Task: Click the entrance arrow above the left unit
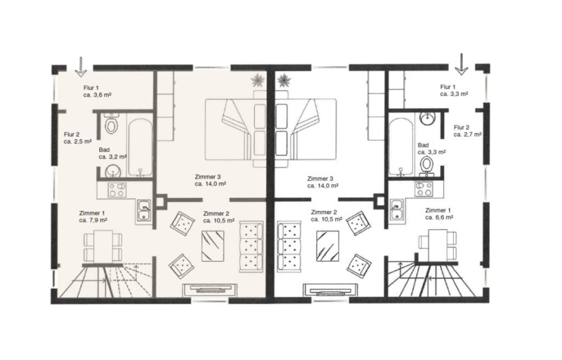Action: coord(81,67)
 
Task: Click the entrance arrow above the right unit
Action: coord(461,64)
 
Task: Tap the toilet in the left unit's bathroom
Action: coord(112,124)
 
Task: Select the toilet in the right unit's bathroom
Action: coord(426,165)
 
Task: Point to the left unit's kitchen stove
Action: coord(117,190)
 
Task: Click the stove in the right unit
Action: coord(424,189)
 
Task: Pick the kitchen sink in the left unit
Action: coord(145,211)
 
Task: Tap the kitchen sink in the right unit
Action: coord(396,210)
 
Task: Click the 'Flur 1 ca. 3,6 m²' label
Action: coord(97,91)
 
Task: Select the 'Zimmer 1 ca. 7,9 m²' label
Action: coord(93,216)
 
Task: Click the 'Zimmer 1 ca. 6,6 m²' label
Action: coord(439,214)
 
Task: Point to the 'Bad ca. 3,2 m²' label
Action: coord(112,153)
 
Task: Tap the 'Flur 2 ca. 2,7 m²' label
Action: coord(467,131)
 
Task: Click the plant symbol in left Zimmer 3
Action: coord(258,80)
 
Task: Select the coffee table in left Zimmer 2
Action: coord(212,246)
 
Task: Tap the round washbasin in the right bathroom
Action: coord(428,118)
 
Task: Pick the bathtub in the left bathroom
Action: coord(140,148)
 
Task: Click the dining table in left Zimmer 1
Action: coord(103,246)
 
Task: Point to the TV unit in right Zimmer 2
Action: coord(330,289)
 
